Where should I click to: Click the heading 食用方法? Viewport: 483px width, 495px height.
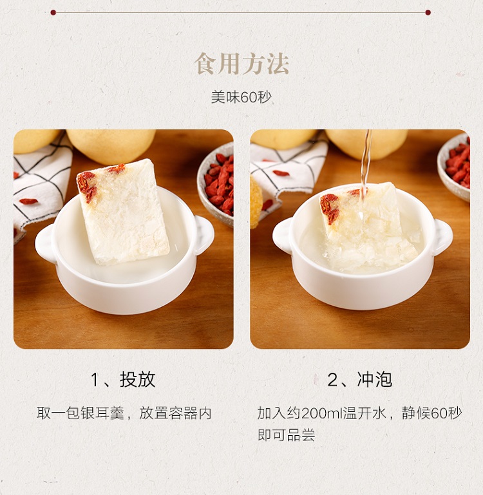click(241, 64)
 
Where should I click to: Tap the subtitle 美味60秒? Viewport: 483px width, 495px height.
click(241, 97)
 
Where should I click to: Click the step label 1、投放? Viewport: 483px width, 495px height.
click(123, 379)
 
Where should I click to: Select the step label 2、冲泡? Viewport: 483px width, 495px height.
click(360, 379)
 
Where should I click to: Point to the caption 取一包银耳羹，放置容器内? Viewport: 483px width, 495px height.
click(124, 413)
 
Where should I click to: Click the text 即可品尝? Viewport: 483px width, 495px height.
click(286, 434)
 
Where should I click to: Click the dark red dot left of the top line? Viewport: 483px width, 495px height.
click(53, 13)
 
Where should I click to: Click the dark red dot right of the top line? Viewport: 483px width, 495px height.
click(428, 13)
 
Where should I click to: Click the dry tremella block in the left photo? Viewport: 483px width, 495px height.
click(122, 212)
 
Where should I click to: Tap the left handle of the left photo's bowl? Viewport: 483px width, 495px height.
click(45, 243)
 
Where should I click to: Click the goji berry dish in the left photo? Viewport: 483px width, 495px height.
click(216, 185)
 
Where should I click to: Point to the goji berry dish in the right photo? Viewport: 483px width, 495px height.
click(454, 166)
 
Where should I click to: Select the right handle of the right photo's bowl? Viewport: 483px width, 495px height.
click(442, 237)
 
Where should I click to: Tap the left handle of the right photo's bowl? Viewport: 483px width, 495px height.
click(282, 235)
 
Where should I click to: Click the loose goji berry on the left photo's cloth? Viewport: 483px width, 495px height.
click(28, 201)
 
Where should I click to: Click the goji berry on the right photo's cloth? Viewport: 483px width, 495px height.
click(281, 173)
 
